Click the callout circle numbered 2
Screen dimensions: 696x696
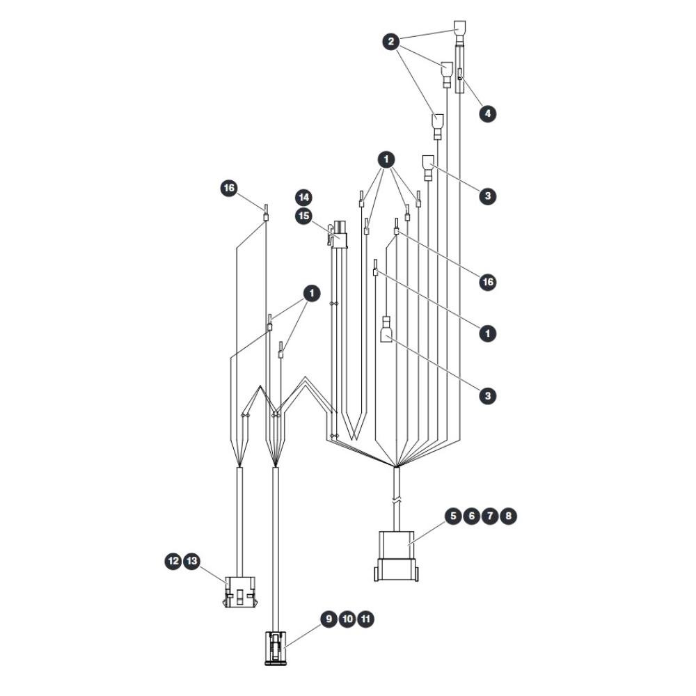pos(391,42)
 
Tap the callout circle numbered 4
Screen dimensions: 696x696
pos(487,113)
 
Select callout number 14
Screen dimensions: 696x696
pos(303,198)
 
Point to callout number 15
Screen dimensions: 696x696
pos(303,216)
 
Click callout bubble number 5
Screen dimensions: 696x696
pos(453,516)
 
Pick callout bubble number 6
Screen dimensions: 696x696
pos(471,516)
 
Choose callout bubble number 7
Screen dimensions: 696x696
pos(489,516)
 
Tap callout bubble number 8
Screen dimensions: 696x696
pos(508,516)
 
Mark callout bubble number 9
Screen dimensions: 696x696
pos(329,619)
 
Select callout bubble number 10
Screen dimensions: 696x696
pos(347,619)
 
